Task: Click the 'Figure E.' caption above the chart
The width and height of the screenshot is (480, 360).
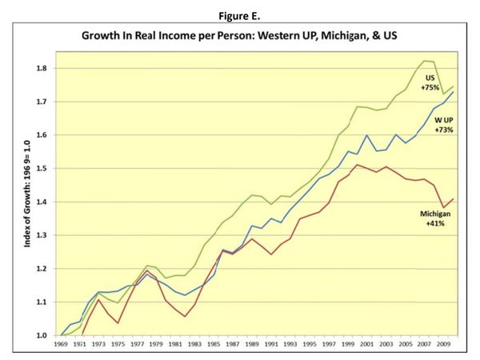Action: [x=241, y=13]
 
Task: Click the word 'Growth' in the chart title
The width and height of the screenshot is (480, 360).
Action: [x=128, y=37]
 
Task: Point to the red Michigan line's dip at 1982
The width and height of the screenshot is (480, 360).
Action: [x=186, y=317]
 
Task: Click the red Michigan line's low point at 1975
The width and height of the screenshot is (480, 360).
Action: [x=118, y=323]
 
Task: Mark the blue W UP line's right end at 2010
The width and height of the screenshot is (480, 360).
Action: [x=454, y=92]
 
